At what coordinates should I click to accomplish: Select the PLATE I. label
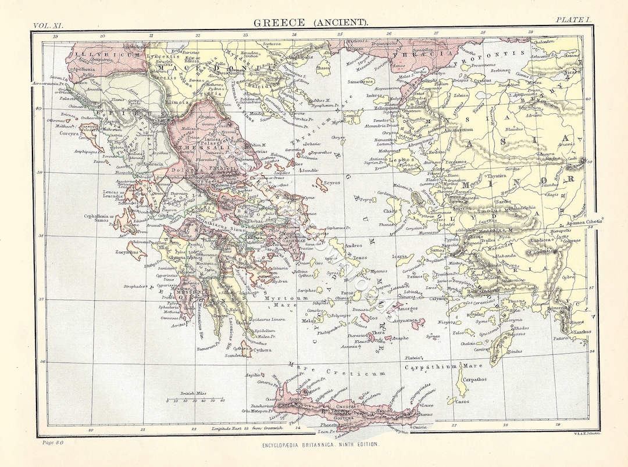coord(573,20)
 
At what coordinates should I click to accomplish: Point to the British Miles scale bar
coord(195,400)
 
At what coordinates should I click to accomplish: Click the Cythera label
coord(263,350)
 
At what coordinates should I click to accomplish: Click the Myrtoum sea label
coord(279,297)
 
